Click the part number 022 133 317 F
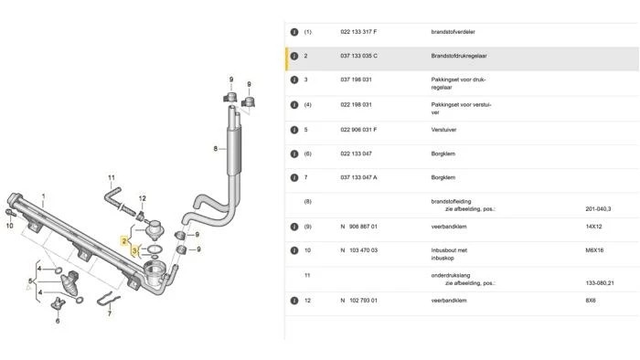[x=358, y=32]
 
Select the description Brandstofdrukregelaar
[x=459, y=56]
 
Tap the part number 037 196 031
[x=356, y=79]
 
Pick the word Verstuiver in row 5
[x=443, y=130]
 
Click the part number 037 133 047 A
[x=358, y=177]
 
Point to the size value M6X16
[x=594, y=250]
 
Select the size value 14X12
[x=593, y=227]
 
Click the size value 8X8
[x=591, y=301]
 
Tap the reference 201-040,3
[x=598, y=208]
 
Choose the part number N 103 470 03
[x=358, y=250]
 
